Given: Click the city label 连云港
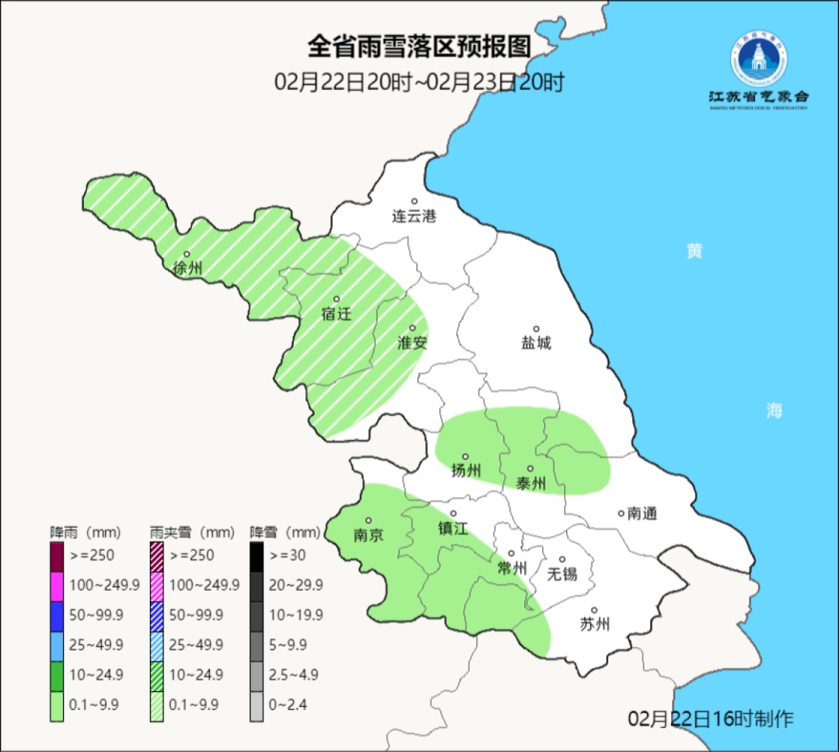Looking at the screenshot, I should click(x=414, y=217).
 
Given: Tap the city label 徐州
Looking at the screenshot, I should click(x=188, y=269).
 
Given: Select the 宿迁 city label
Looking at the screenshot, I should click(x=336, y=314).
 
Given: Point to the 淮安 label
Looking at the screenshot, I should click(x=413, y=342).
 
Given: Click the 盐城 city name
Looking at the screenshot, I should click(x=536, y=342).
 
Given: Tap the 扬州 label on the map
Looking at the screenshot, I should click(x=466, y=470).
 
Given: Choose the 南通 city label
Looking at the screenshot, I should click(x=642, y=514).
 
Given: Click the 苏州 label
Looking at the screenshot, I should click(x=595, y=624).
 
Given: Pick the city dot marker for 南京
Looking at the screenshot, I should click(x=368, y=521).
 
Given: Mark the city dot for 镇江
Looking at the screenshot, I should click(x=454, y=513).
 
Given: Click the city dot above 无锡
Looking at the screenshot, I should click(x=562, y=559).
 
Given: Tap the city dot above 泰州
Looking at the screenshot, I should click(x=531, y=469).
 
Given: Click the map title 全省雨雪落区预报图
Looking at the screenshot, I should click(x=419, y=47).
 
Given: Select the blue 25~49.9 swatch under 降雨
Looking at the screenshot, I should click(x=57, y=645).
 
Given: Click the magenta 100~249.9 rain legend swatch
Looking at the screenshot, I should click(x=57, y=585).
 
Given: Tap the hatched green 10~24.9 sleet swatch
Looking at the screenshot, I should click(x=157, y=674).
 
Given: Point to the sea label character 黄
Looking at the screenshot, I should click(x=694, y=251).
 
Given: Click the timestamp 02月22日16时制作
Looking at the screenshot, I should click(x=711, y=719).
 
